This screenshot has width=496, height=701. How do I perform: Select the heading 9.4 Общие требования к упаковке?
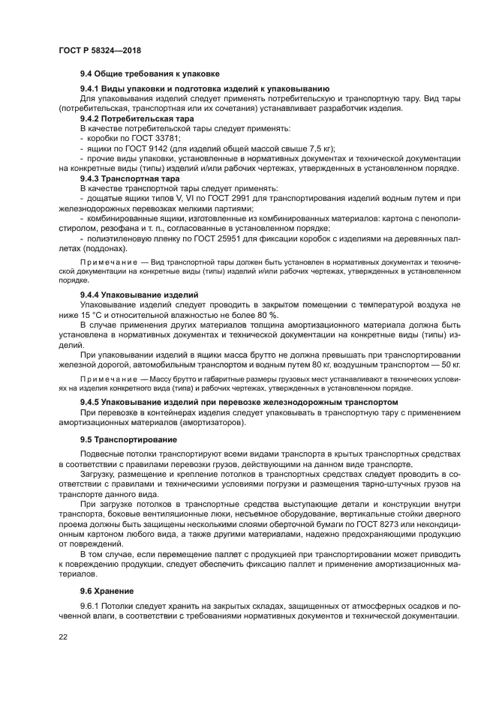click(149, 74)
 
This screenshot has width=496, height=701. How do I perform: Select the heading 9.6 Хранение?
click(107, 590)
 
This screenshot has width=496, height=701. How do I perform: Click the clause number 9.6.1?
click(90, 605)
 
